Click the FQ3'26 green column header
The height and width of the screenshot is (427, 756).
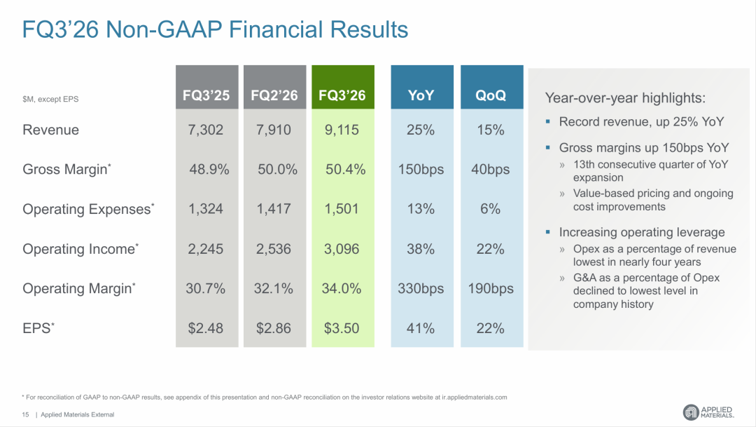click(343, 87)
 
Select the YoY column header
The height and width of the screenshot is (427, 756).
click(422, 87)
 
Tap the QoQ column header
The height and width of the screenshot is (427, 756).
click(492, 87)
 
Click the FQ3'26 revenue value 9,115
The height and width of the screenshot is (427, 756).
click(342, 130)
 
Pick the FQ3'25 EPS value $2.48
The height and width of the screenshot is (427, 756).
click(205, 328)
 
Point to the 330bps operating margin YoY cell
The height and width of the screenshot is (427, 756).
click(421, 288)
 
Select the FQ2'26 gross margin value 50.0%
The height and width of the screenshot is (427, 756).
click(277, 170)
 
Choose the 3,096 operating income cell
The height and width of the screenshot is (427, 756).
click(342, 249)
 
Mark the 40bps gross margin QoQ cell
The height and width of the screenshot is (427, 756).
click(490, 170)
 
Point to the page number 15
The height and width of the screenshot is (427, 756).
click(26, 414)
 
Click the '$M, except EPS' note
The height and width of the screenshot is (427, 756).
click(50, 99)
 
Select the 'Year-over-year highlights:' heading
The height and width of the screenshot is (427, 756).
click(625, 98)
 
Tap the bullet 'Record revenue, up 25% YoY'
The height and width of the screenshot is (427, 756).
click(641, 122)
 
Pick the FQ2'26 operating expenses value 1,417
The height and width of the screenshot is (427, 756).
click(274, 209)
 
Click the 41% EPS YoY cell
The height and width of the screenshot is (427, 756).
click(421, 328)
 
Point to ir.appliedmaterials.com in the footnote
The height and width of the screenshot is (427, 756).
click(475, 398)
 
